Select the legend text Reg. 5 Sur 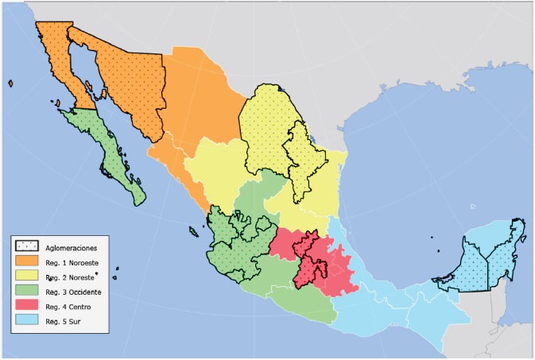click(66, 321)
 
